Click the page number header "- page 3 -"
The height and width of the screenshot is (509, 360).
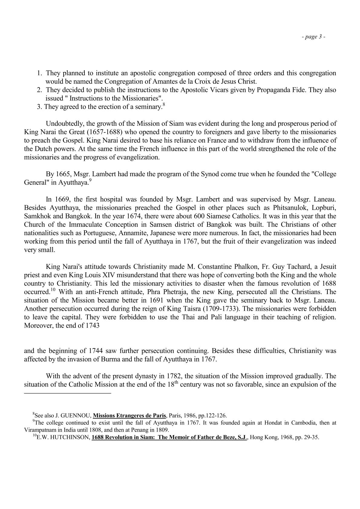click(x=313, y=37)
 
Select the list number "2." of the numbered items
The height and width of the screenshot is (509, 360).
click(x=39, y=90)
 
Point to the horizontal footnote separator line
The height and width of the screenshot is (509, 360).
click(x=67, y=393)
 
